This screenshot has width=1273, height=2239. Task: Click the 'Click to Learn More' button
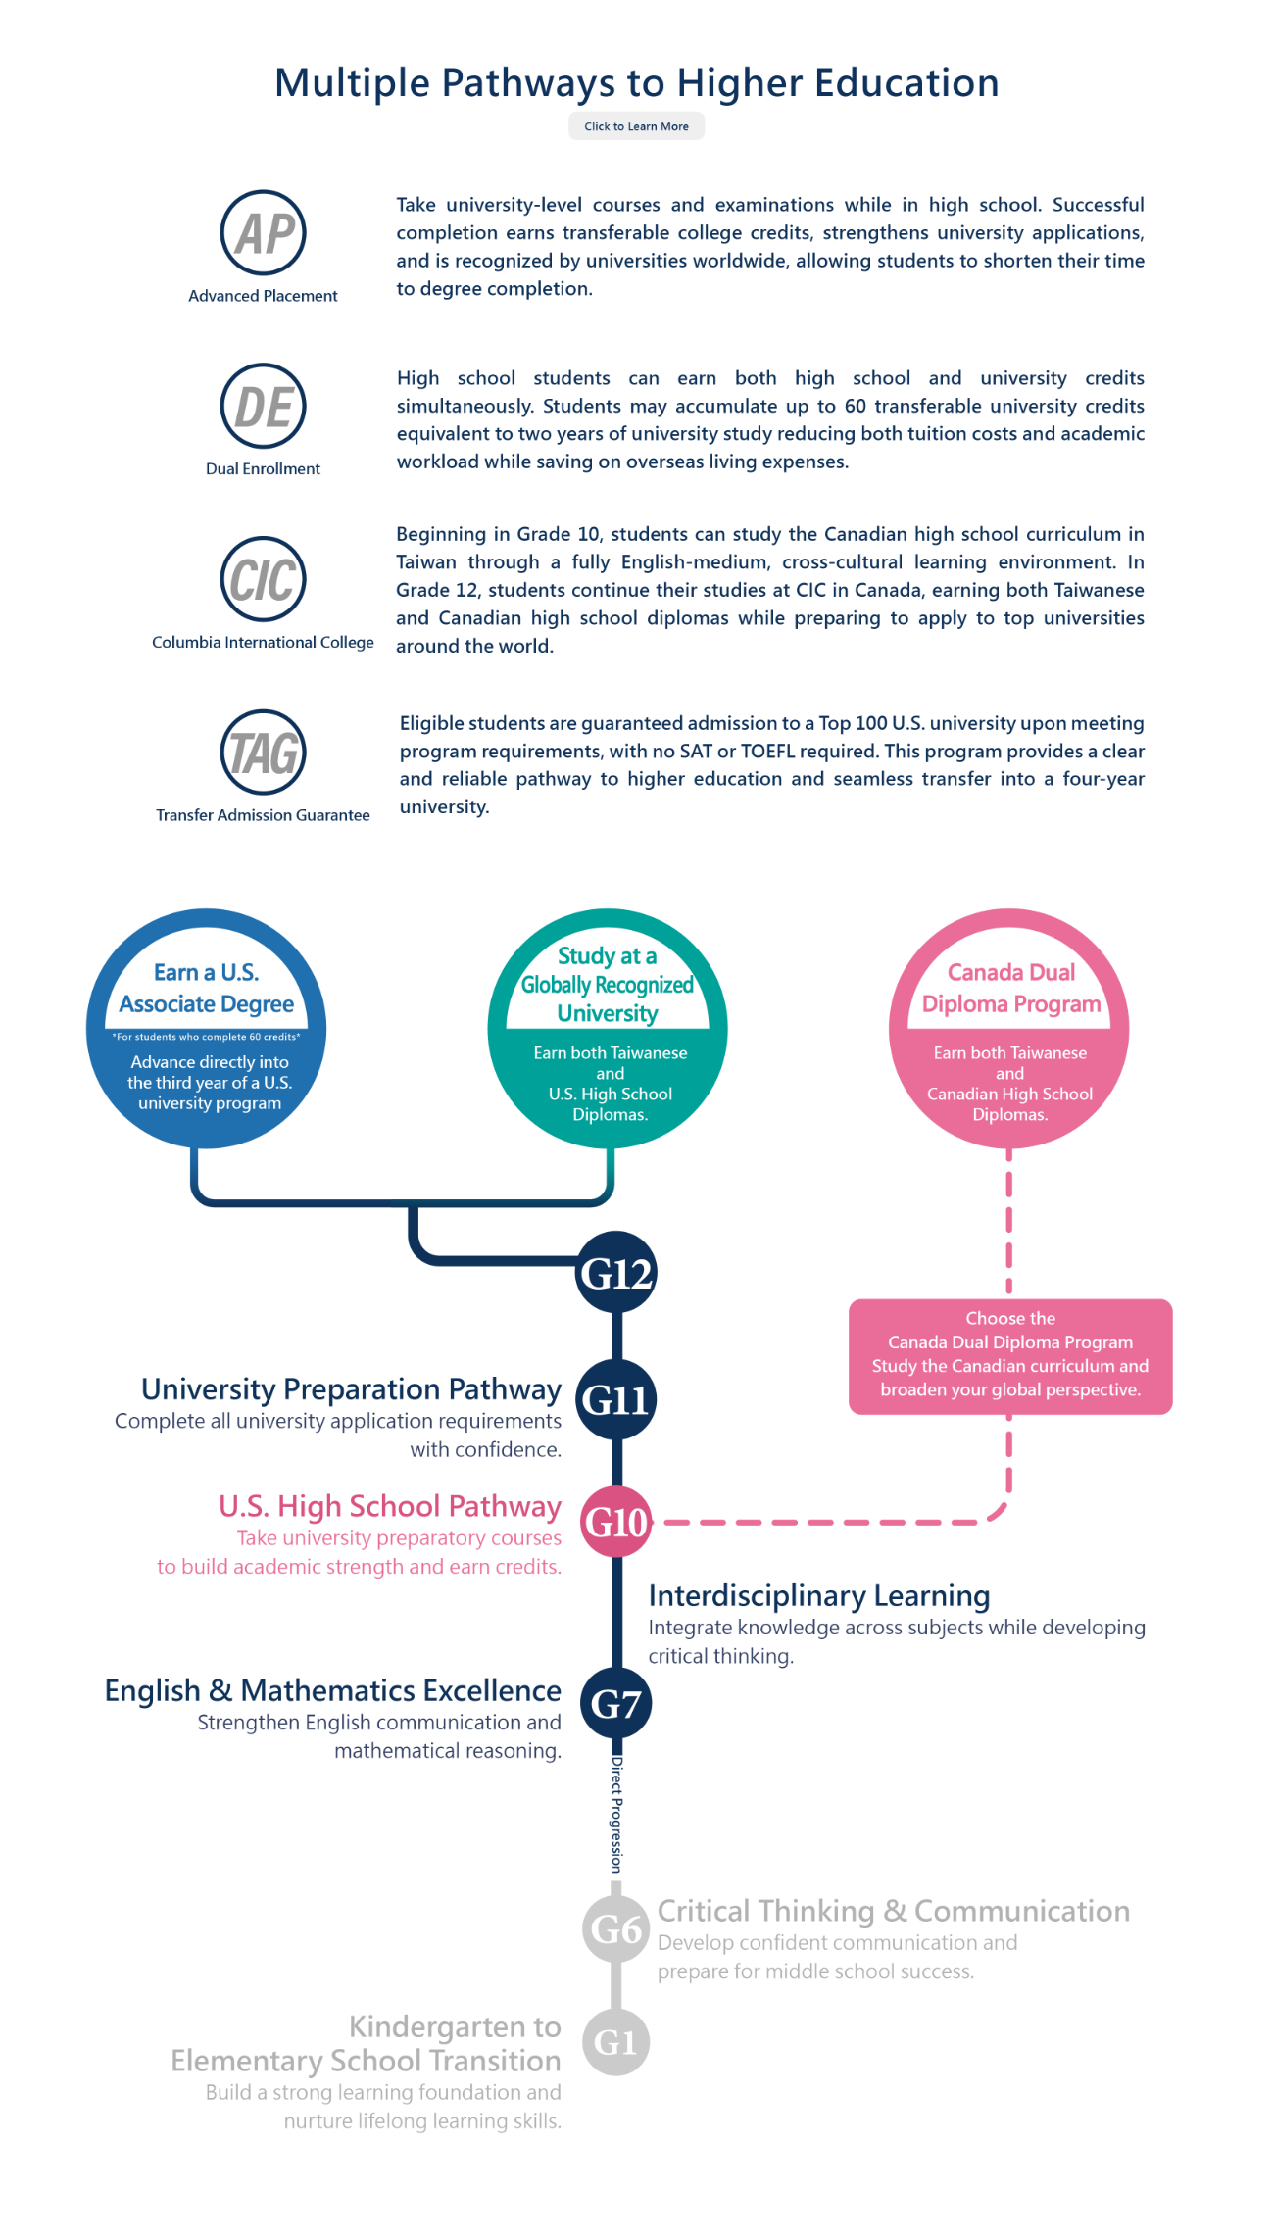pyautogui.click(x=636, y=126)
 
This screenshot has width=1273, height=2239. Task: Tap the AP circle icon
pyautogui.click(x=263, y=233)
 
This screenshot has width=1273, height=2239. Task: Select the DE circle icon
pyautogui.click(x=263, y=407)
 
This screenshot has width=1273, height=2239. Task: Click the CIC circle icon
pyautogui.click(x=263, y=579)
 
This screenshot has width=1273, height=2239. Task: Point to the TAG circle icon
pyautogui.click(x=263, y=753)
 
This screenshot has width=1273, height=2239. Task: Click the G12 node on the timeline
pyautogui.click(x=616, y=1273)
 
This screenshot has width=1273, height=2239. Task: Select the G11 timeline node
pyautogui.click(x=616, y=1399)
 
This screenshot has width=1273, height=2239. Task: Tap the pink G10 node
pyautogui.click(x=616, y=1522)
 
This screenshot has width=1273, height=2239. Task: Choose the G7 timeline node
pyautogui.click(x=616, y=1704)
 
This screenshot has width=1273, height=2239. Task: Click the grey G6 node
pyautogui.click(x=616, y=1929)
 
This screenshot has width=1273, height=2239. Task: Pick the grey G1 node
pyautogui.click(x=616, y=2042)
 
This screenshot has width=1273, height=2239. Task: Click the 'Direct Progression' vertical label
pyautogui.click(x=616, y=1815)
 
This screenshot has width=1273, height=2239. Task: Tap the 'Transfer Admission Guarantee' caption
pyautogui.click(x=263, y=815)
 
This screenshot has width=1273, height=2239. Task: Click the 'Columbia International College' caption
pyautogui.click(x=263, y=643)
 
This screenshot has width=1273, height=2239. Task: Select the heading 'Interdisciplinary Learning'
pyautogui.click(x=819, y=1596)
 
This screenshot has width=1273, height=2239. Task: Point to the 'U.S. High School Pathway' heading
pyautogui.click(x=390, y=1506)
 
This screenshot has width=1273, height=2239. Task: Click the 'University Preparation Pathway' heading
pyautogui.click(x=352, y=1389)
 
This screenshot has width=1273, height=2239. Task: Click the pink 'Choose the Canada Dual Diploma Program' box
pyautogui.click(x=1010, y=1356)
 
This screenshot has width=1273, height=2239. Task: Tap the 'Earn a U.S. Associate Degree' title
pyautogui.click(x=207, y=988)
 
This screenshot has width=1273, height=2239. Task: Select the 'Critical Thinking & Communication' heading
pyautogui.click(x=894, y=1911)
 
